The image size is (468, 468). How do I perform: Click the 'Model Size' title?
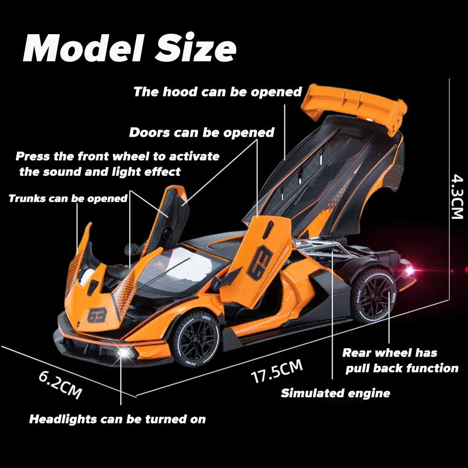tap(130, 49)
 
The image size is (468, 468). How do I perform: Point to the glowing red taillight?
tap(410, 271)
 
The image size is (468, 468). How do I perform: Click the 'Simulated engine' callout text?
tap(335, 393)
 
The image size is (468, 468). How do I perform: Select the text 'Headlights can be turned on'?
tap(117, 419)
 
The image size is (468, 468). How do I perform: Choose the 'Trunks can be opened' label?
tap(68, 198)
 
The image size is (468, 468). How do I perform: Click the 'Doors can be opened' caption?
tap(201, 132)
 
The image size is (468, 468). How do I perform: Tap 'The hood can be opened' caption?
tap(218, 92)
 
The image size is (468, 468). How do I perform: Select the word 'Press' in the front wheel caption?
tap(32, 156)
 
